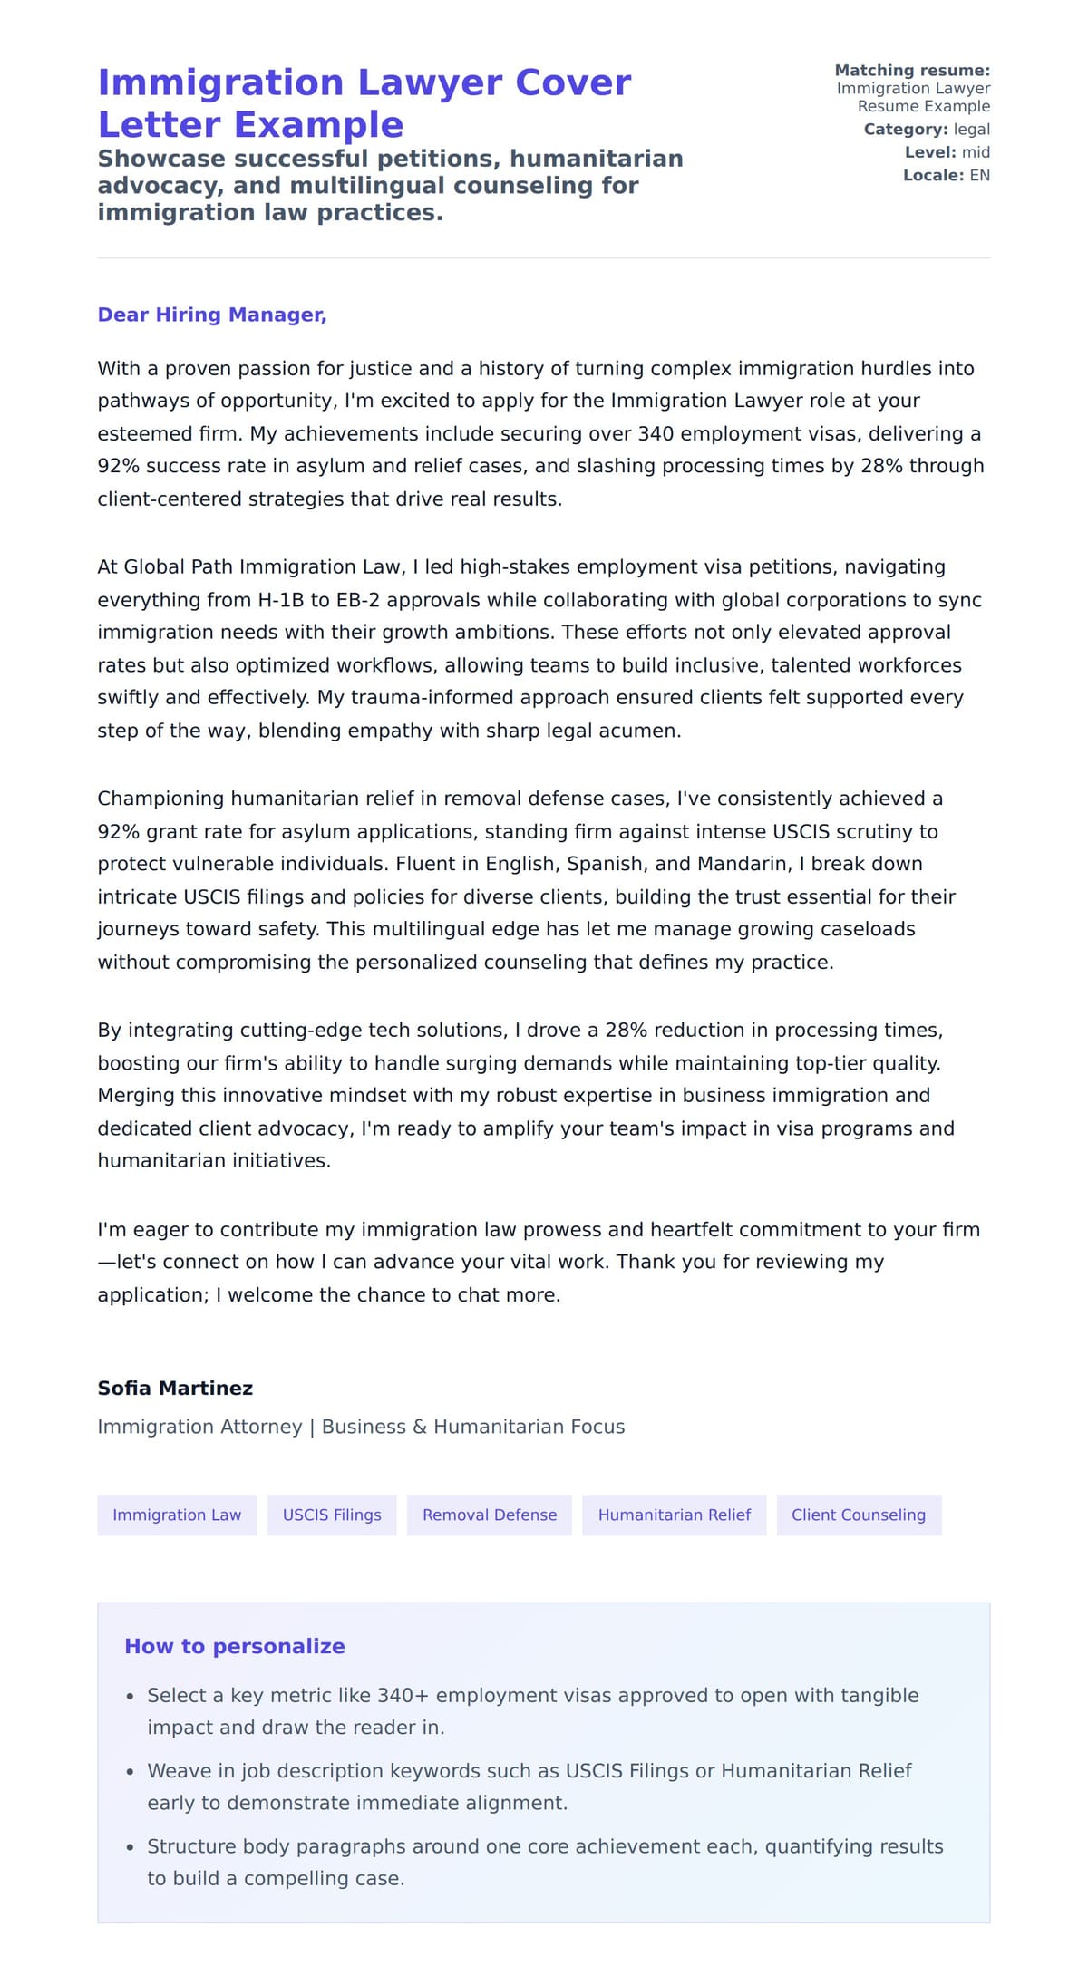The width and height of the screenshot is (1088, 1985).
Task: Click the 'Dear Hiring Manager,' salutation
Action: point(211,315)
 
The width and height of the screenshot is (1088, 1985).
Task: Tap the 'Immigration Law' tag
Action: point(177,1515)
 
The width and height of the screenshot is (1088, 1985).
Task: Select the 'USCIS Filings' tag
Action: point(332,1515)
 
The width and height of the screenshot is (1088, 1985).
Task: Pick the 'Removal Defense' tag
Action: point(490,1515)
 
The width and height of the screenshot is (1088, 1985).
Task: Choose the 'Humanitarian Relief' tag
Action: point(675,1515)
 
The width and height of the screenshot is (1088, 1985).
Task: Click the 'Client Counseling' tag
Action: point(859,1515)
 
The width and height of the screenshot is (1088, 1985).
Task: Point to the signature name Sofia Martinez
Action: point(175,1388)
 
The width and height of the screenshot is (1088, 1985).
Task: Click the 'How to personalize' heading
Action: point(235,1646)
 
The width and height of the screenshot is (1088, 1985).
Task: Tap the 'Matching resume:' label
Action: point(912,70)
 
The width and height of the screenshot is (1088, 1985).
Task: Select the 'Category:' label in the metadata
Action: point(906,130)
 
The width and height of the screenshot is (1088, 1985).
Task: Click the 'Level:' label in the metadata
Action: point(930,152)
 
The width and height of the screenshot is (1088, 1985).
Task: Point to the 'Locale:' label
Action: point(933,175)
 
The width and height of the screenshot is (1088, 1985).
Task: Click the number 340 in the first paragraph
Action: point(656,433)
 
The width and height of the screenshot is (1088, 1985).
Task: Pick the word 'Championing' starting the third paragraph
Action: point(161,799)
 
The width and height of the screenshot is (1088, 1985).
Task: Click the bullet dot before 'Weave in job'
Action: point(131,1771)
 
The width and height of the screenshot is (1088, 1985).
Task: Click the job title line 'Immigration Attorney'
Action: point(199,1427)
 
